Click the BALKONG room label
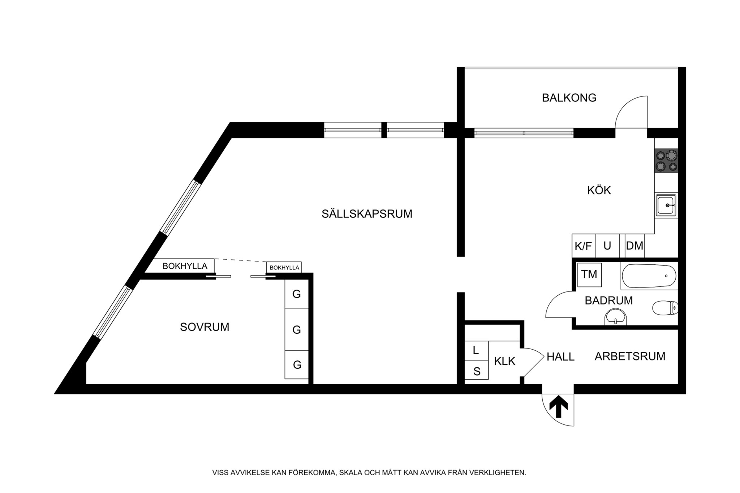[x=569, y=98]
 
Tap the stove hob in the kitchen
[x=666, y=161]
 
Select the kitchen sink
[x=666, y=205]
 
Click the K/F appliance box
[x=583, y=246]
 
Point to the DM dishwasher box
[x=634, y=246]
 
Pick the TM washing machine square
[x=589, y=274]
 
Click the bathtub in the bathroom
[x=649, y=276]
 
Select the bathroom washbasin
[x=615, y=317]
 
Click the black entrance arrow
[x=559, y=406]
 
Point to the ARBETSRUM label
[x=630, y=356]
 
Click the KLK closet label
[x=504, y=361]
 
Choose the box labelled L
[x=476, y=350]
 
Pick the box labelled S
[x=477, y=371]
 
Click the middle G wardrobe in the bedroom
[x=297, y=329]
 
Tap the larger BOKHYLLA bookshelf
[x=185, y=266]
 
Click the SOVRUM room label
[x=205, y=327]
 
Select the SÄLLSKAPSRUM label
[x=367, y=214]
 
